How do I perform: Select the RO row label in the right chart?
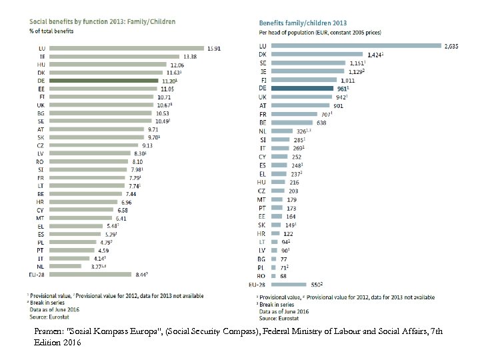coord(262,276)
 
